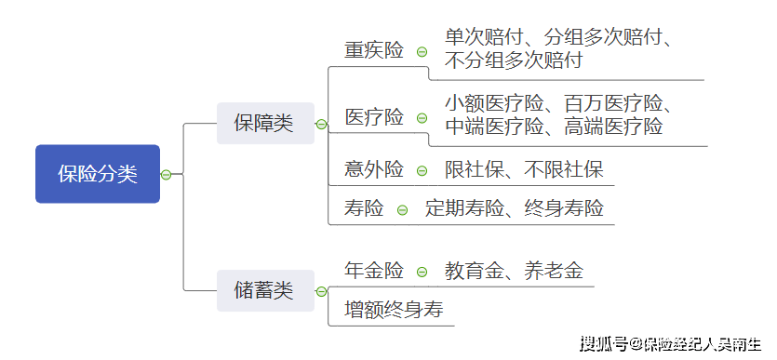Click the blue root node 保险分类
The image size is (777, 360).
tap(97, 174)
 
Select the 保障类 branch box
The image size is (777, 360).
tap(264, 124)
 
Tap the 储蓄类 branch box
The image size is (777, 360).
tap(264, 290)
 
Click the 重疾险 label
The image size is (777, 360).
tap(374, 50)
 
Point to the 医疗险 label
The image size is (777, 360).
tap(374, 117)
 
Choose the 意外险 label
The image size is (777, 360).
tap(374, 169)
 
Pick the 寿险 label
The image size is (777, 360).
tap(364, 208)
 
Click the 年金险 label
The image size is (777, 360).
tap(374, 271)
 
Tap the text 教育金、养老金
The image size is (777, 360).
tap(514, 271)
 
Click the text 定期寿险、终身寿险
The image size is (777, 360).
tap(515, 208)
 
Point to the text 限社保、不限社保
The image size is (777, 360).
tap(524, 169)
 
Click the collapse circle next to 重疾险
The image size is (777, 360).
tap(422, 52)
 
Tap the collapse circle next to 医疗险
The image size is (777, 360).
tap(422, 118)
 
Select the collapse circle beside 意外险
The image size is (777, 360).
tap(422, 170)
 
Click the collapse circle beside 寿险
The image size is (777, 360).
tap(402, 209)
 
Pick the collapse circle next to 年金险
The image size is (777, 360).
tap(422, 272)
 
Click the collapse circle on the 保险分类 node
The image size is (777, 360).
tap(166, 175)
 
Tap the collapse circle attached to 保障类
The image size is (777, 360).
tap(321, 125)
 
